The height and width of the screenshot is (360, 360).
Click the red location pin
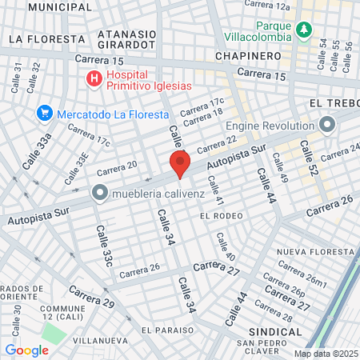point(180,165)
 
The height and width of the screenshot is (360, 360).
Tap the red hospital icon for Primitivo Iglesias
point(94,78)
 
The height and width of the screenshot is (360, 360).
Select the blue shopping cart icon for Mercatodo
point(45,114)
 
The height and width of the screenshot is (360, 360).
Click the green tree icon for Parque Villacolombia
point(303,30)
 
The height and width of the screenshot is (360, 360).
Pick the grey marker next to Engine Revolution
point(326,125)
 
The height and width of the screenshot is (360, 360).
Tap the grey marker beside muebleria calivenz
point(99,192)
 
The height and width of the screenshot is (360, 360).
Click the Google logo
point(27,350)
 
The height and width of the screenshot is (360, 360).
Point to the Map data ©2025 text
point(324,354)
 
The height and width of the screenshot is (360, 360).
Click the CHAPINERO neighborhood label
point(248,56)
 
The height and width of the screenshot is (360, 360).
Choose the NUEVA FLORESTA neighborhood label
point(314,252)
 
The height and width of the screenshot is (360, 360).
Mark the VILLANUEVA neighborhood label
point(100,338)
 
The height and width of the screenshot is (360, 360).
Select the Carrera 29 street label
point(91,297)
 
